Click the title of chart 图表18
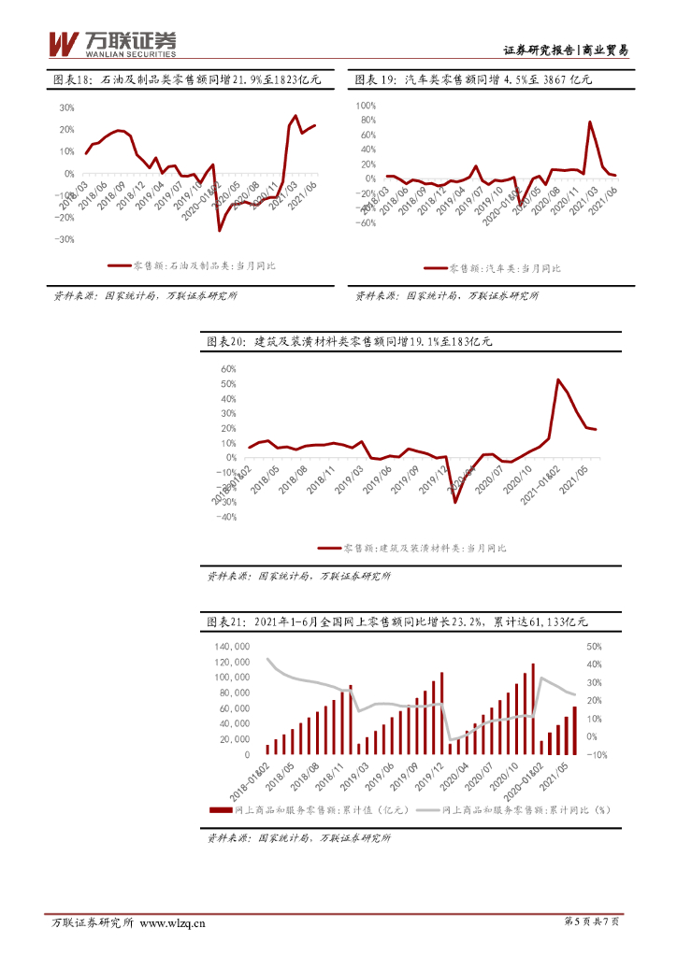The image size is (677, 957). tap(186, 81)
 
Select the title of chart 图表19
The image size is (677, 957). tap(474, 81)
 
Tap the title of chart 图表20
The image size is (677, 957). tap(349, 342)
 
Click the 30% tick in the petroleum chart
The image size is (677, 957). tap(66, 107)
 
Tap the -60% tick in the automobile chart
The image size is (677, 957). tap(365, 223)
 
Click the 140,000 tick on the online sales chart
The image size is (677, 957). tap(230, 647)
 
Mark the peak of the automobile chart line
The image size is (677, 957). tap(590, 122)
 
